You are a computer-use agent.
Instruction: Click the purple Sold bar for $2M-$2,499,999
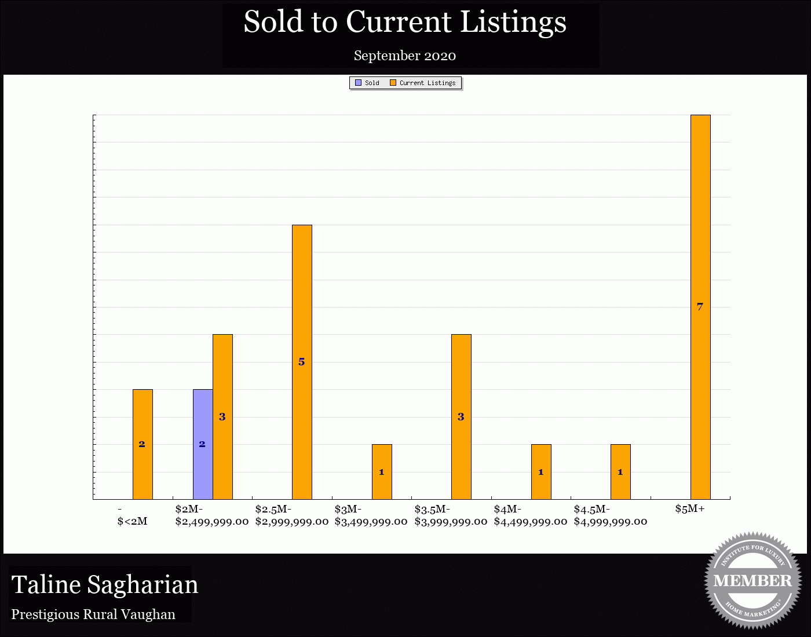(203, 444)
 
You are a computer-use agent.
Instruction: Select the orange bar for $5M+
(700, 307)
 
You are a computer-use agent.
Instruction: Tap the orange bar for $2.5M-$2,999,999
(302, 362)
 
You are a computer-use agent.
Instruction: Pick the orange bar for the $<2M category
(143, 444)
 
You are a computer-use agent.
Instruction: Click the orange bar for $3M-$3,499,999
(382, 471)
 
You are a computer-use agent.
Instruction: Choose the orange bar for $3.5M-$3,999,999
(461, 416)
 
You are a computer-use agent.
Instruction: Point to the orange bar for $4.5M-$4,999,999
(620, 471)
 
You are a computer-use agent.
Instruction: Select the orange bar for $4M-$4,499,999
(541, 471)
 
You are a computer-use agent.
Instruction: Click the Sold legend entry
(367, 83)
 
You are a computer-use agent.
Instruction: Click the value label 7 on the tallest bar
(700, 307)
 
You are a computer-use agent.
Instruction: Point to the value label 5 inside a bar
(301, 362)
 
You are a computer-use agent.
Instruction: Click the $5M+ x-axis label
(689, 509)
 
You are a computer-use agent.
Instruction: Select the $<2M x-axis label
(132, 521)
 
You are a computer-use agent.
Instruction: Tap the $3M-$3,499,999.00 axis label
(371, 515)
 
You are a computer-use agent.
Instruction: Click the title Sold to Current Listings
(405, 23)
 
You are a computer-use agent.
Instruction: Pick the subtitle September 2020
(405, 56)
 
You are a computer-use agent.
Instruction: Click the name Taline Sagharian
(105, 584)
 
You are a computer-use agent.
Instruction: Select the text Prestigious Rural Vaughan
(93, 614)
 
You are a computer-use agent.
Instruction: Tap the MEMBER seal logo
(752, 580)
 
